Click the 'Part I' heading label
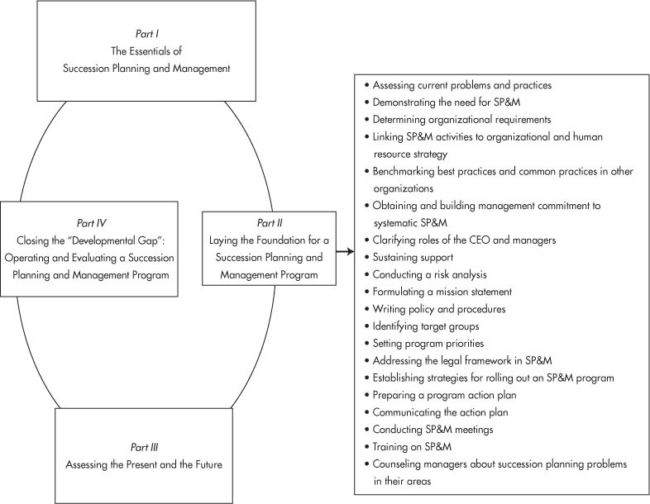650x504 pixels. click(x=147, y=34)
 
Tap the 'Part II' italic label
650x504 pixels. click(x=270, y=223)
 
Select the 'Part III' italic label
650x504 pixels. click(x=144, y=447)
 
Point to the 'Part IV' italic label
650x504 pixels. click(x=91, y=223)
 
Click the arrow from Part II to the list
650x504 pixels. click(x=345, y=251)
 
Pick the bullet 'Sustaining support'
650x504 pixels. click(x=409, y=257)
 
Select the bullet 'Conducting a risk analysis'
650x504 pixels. click(x=425, y=274)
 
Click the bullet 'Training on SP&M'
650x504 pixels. click(x=408, y=446)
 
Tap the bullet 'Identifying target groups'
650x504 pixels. click(x=422, y=326)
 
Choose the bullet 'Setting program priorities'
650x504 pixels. click(x=424, y=344)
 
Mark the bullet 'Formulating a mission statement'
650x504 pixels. click(x=438, y=292)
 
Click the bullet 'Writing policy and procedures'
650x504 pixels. click(x=435, y=309)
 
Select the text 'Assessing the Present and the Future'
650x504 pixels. click(x=144, y=464)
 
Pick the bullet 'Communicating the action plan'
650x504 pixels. click(x=436, y=412)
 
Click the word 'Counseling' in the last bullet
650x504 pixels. click(x=397, y=464)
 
